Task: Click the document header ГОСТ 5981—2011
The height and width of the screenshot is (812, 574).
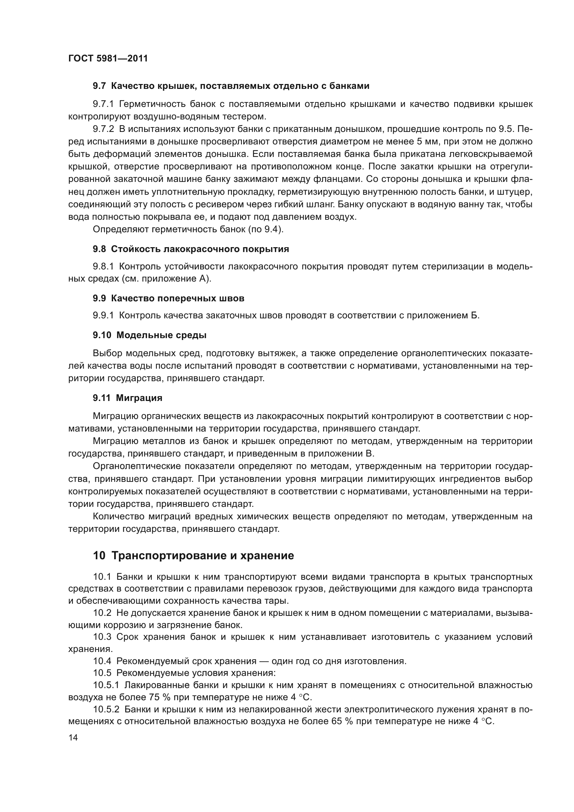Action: coord(108,58)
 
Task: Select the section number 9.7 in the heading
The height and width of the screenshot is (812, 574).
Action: coord(99,86)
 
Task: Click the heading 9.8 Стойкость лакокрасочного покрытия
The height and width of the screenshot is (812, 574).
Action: coord(191,249)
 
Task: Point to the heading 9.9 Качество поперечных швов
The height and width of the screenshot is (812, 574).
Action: coord(169,298)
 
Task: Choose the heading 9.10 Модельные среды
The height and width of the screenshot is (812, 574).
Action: coord(150,335)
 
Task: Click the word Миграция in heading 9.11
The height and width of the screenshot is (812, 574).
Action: coord(139,398)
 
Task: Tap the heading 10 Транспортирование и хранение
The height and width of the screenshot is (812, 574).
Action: coord(193,555)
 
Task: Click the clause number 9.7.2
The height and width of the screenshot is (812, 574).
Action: coord(103,129)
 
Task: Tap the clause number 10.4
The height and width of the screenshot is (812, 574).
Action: coord(102,661)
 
